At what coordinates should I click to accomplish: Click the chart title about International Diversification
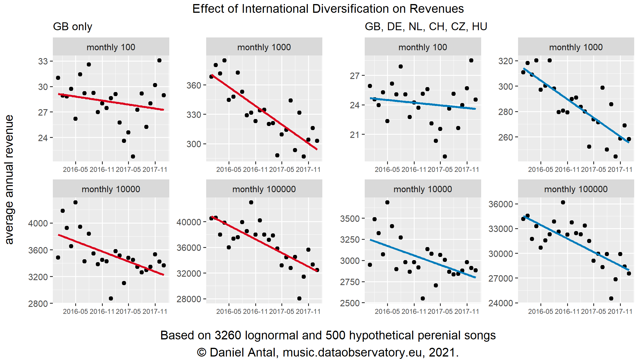(x=328, y=9)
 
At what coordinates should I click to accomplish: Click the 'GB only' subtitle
(x=73, y=27)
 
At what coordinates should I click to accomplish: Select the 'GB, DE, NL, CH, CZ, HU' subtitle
(x=426, y=27)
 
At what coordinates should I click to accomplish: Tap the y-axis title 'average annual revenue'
(x=9, y=179)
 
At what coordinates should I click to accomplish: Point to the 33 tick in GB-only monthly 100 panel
(x=43, y=62)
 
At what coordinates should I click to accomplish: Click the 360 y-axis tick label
(x=194, y=85)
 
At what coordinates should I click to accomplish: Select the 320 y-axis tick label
(x=506, y=61)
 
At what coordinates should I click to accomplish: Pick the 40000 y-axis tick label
(x=189, y=222)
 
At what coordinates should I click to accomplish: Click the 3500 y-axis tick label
(x=350, y=219)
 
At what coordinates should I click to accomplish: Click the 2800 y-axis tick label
(x=38, y=304)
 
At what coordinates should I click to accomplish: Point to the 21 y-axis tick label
(x=355, y=135)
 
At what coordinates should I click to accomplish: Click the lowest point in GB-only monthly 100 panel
(x=133, y=156)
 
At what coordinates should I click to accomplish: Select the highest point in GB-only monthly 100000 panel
(x=251, y=202)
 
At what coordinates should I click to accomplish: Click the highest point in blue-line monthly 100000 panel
(x=563, y=202)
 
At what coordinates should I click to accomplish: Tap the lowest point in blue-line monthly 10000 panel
(x=423, y=298)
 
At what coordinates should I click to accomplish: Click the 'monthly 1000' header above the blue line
(x=576, y=47)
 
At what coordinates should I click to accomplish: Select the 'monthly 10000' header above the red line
(x=111, y=189)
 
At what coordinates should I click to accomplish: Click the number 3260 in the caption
(x=228, y=335)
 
